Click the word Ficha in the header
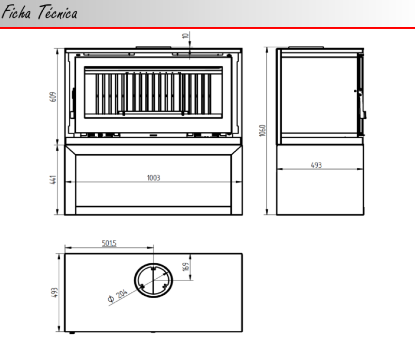(17, 12)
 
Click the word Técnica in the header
(57, 12)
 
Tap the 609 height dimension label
(53, 97)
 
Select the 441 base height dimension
(53, 180)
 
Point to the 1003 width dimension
(154, 178)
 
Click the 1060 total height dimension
(262, 130)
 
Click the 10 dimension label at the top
(186, 36)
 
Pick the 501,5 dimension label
(109, 243)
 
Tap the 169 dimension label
(186, 267)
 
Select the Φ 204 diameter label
(118, 296)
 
